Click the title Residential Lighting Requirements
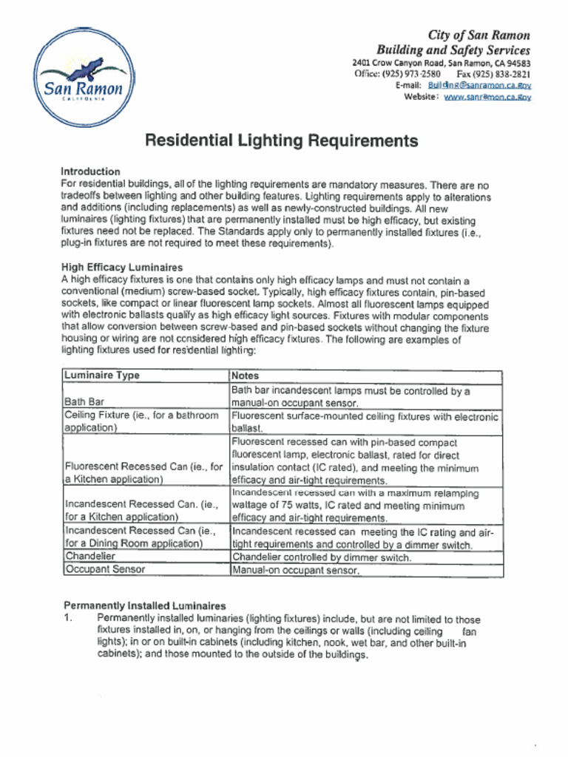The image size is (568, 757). [x=281, y=140]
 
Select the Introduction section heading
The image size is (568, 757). [x=90, y=172]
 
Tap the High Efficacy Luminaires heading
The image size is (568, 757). [x=122, y=267]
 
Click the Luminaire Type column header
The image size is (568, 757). [x=102, y=376]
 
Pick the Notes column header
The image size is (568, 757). [x=245, y=376]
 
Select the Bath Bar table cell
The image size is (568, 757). [x=85, y=402]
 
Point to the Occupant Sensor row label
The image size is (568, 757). [x=105, y=569]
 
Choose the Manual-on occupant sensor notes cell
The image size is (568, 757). [x=296, y=571]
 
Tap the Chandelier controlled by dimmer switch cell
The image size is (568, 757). [x=322, y=557]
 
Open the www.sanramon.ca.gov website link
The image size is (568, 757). [x=487, y=98]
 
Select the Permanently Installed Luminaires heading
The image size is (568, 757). [x=144, y=605]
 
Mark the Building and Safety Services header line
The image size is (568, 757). [x=453, y=50]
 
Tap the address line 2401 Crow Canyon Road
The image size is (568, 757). [x=441, y=64]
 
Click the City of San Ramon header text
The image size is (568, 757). [x=479, y=35]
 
